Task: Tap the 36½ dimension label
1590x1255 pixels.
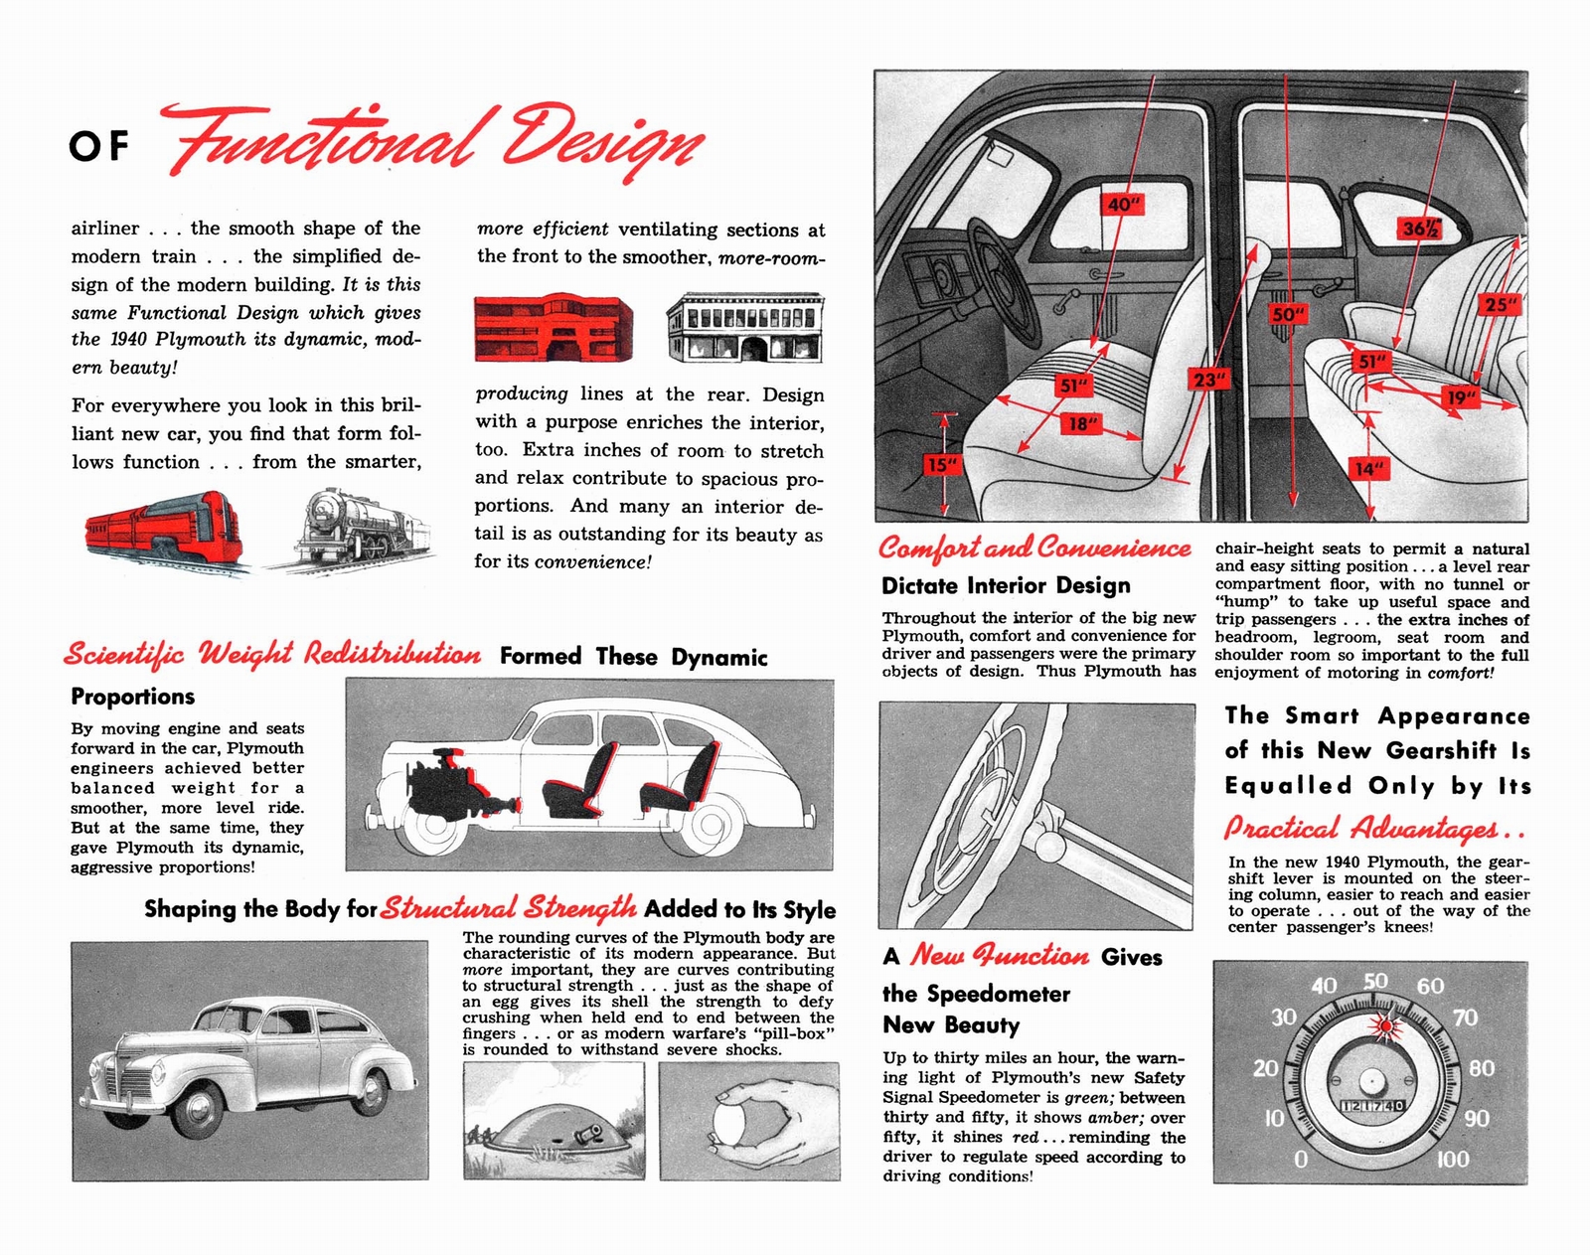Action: (x=1419, y=229)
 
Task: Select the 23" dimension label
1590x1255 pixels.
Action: (x=1209, y=380)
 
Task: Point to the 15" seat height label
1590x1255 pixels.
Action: (x=940, y=464)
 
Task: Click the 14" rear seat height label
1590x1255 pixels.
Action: (x=1368, y=469)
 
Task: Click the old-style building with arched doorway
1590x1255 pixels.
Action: (x=745, y=328)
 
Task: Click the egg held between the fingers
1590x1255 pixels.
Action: (x=728, y=1122)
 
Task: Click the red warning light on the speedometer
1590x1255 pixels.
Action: (x=1382, y=1025)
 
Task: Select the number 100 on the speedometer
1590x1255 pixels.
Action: (x=1452, y=1160)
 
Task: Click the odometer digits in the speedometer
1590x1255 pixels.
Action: (x=1372, y=1106)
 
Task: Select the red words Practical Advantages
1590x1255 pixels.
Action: (x=1374, y=828)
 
